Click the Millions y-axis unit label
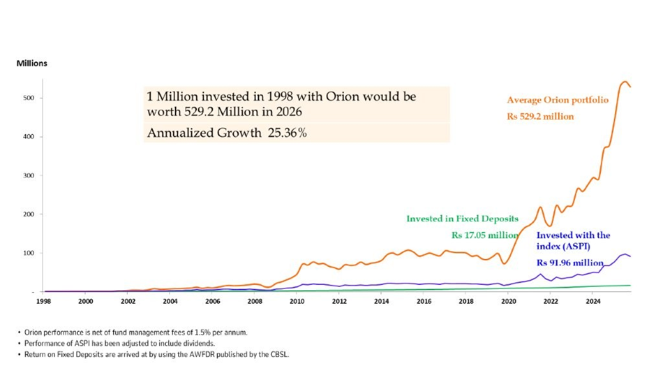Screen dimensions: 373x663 coord(32,64)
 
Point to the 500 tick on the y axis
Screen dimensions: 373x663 coord(29,98)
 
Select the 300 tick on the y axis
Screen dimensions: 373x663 coord(29,175)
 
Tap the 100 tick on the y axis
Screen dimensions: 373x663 coord(29,253)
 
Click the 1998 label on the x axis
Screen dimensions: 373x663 coord(43,302)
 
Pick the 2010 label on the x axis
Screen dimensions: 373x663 coord(297,302)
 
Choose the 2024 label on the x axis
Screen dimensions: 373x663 coord(593,302)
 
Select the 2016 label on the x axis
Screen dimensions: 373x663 coord(424,302)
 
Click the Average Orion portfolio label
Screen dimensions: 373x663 coord(558,100)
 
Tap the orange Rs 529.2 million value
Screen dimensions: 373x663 coord(540,117)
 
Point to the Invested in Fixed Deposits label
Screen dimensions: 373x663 coord(462,219)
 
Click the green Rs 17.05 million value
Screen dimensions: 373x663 coord(484,235)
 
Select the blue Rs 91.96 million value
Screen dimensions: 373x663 coord(569,263)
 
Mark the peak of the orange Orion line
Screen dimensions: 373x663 coord(625,82)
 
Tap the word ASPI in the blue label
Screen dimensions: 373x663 coord(586,247)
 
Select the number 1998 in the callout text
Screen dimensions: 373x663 coord(242,97)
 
